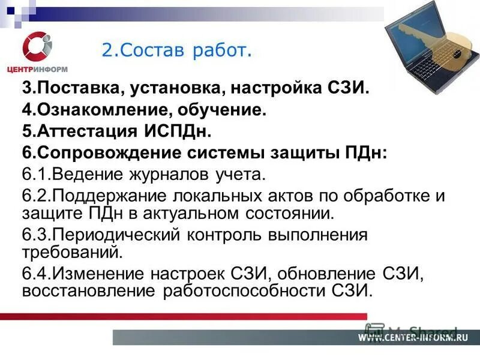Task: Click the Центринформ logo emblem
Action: [37, 46]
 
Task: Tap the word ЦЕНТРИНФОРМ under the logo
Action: [37, 69]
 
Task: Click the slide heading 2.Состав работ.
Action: [175, 50]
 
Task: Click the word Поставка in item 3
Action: [79, 89]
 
